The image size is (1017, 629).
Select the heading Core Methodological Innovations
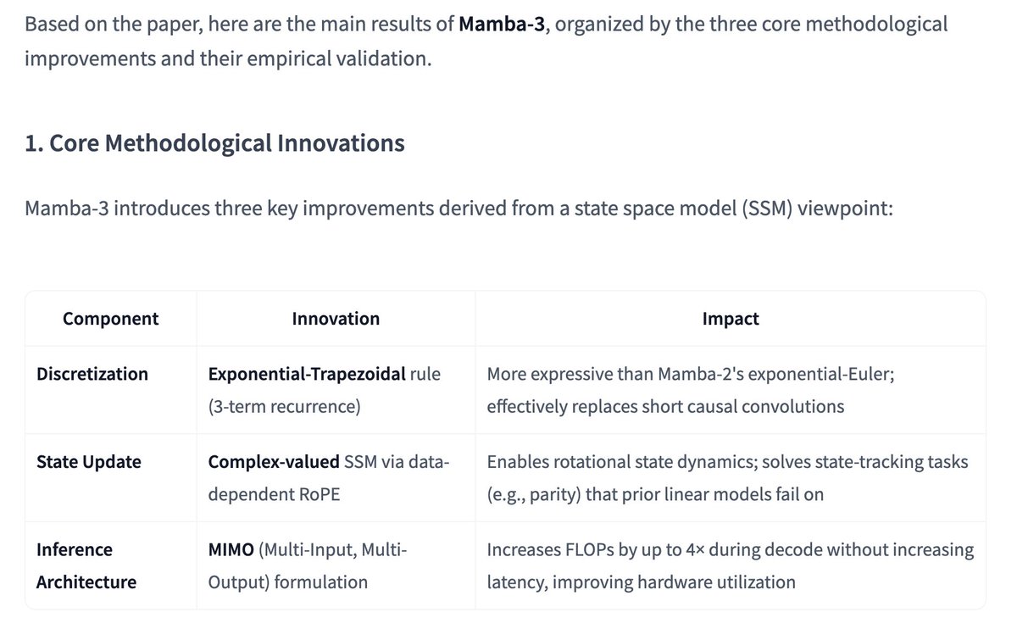[x=214, y=143]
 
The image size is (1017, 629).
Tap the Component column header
[x=110, y=319]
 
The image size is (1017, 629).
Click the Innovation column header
[x=336, y=319]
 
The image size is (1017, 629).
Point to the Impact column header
[x=731, y=319]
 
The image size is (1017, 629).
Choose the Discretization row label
[x=92, y=374]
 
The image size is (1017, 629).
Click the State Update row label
[x=89, y=462]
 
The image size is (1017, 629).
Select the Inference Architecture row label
[x=86, y=565]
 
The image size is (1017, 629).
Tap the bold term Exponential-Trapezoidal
[x=307, y=374]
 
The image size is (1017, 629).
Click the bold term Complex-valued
[x=274, y=462]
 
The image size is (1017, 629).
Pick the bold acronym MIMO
[x=231, y=550]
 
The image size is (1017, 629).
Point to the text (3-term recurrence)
[x=284, y=406]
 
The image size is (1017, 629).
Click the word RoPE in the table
[x=314, y=494]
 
